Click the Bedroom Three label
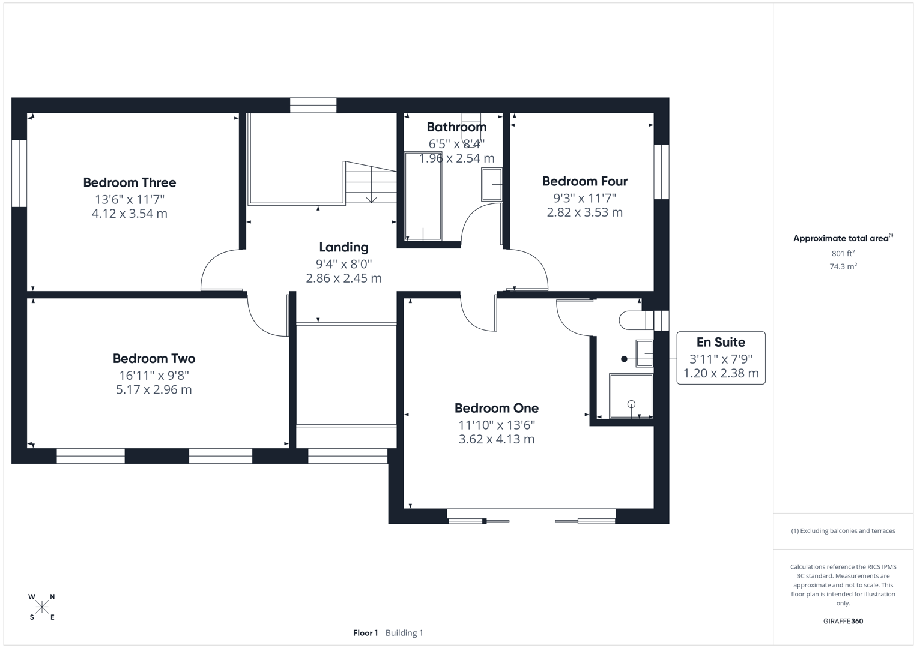coord(129,182)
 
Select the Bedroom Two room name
coord(154,358)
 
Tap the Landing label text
coord(343,247)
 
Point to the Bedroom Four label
coord(584,181)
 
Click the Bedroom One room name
coord(496,408)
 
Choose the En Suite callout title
coord(721,342)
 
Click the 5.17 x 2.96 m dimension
coord(154,389)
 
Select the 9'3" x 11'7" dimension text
coord(584,197)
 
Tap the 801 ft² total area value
coord(843,253)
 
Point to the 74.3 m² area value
coord(843,266)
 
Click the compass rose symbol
coord(42,607)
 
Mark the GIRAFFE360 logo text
coord(843,621)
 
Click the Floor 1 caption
coord(365,633)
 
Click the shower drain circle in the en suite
coord(631,404)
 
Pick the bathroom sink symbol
coord(491,184)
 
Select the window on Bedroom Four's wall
coord(661,172)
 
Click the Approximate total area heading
coord(843,238)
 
